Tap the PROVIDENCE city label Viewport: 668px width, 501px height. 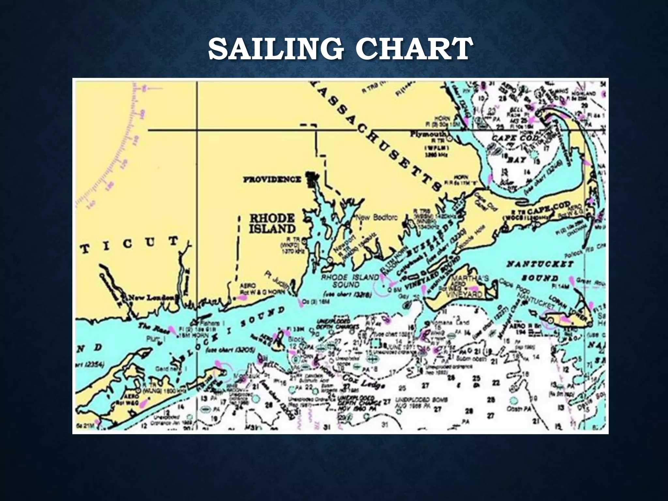[272, 179]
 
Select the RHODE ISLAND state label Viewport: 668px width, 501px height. [272, 224]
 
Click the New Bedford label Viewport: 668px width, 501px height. [376, 218]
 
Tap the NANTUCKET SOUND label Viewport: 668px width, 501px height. [540, 271]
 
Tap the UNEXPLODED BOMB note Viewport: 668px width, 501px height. [421, 400]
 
